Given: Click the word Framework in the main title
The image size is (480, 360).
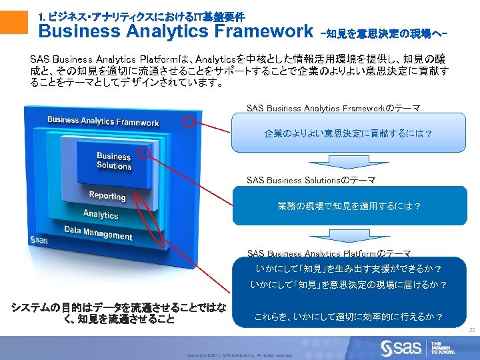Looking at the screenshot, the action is pyautogui.click(x=264, y=31).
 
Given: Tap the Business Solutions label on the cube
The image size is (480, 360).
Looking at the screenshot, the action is pyautogui.click(x=114, y=161).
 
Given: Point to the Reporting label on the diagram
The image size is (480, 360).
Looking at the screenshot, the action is pyautogui.click(x=107, y=196).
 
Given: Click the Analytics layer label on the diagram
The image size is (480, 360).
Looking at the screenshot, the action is pyautogui.click(x=101, y=214).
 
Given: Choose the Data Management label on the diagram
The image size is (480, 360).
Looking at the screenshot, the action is pyautogui.click(x=98, y=233).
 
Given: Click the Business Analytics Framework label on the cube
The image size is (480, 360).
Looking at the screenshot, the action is pyautogui.click(x=103, y=121).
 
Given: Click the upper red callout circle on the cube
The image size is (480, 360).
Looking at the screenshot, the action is pyautogui.click(x=191, y=122).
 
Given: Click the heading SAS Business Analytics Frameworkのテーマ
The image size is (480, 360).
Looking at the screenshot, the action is pyautogui.click(x=333, y=108).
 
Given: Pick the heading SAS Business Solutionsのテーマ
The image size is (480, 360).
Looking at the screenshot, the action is pyautogui.click(x=311, y=180).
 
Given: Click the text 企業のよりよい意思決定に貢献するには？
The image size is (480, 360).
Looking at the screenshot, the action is pyautogui.click(x=347, y=133).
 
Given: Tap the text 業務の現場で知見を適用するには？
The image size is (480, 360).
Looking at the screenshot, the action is pyautogui.click(x=349, y=206).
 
